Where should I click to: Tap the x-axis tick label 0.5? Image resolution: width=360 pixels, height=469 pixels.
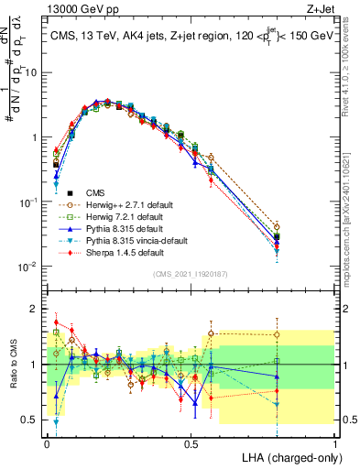[191, 442]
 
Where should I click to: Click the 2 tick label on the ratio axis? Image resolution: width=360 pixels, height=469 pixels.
[36, 309]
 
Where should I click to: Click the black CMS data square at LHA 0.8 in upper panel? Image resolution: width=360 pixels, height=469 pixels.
[277, 237]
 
